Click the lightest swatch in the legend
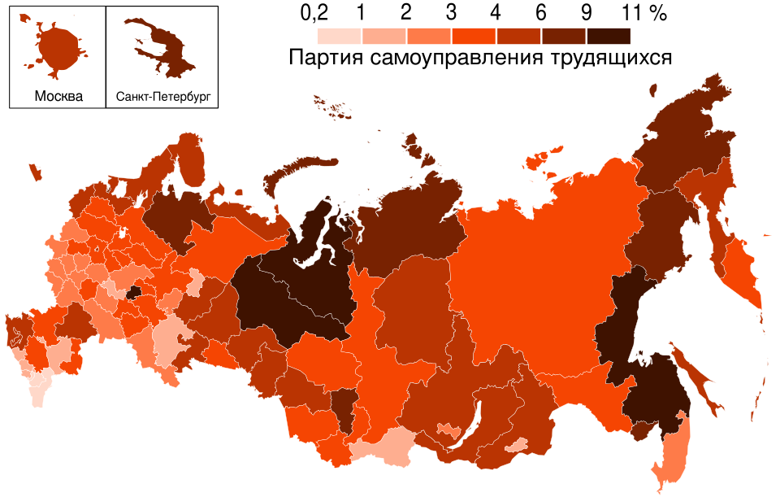click(x=339, y=36)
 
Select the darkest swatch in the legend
click(x=608, y=36)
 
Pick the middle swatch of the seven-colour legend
click(x=473, y=36)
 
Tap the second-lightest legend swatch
click(x=383, y=36)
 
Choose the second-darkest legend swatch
click(x=563, y=36)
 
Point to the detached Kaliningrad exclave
click(x=35, y=172)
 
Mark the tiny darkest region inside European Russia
click(x=134, y=291)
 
